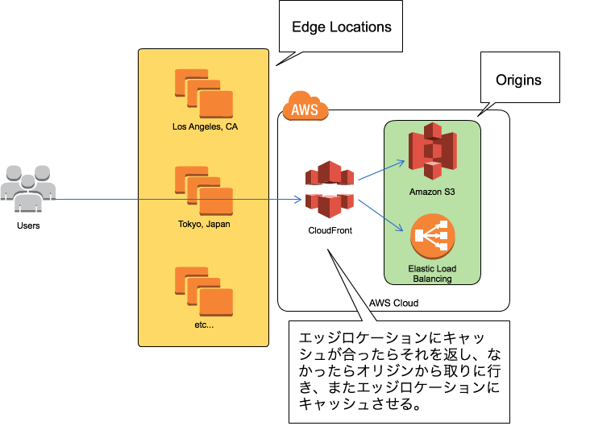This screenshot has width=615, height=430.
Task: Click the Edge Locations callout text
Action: [341, 27]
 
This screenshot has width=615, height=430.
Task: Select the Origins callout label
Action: [518, 80]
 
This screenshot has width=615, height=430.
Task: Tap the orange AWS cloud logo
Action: [305, 107]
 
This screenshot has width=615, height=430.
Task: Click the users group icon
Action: [28, 188]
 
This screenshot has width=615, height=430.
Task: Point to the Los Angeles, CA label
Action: [205, 126]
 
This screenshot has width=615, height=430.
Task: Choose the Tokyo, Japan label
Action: [204, 224]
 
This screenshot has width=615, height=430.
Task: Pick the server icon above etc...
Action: [204, 290]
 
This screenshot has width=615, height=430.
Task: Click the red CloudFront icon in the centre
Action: [329, 189]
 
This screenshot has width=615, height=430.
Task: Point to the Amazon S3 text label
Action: [432, 191]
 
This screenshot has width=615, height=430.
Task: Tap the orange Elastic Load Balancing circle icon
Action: [432, 235]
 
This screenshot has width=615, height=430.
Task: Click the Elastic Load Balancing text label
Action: [431, 273]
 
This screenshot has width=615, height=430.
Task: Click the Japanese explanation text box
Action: [399, 371]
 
